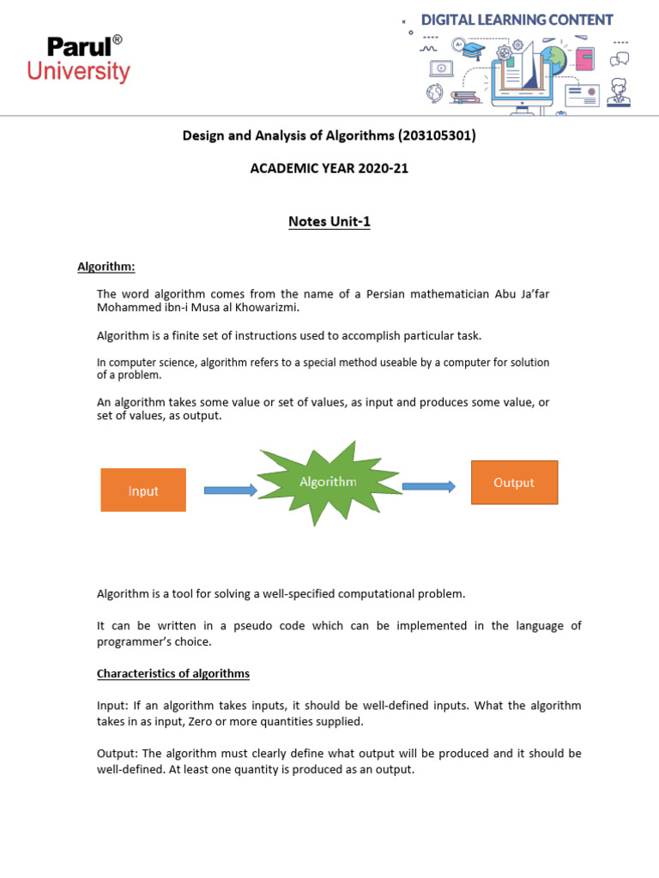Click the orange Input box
click(x=143, y=490)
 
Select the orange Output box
click(x=514, y=482)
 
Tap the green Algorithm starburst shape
click(x=329, y=483)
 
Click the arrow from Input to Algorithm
click(x=230, y=490)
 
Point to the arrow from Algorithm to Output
click(x=428, y=486)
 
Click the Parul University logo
click(x=78, y=58)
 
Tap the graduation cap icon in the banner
click(x=470, y=48)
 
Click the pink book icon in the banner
click(x=584, y=59)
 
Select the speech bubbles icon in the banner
click(x=620, y=58)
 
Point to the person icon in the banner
click(x=619, y=92)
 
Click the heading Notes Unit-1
click(x=329, y=222)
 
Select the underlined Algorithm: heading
click(x=106, y=267)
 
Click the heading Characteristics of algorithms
click(x=172, y=673)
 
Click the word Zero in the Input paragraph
click(x=198, y=721)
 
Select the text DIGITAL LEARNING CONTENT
click(x=517, y=20)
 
